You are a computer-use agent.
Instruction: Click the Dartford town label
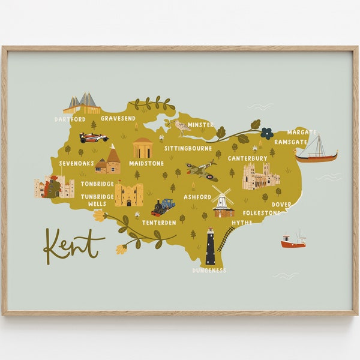70,119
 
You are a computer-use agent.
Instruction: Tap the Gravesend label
118,119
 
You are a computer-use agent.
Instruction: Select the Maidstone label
146,163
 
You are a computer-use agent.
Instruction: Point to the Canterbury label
247,158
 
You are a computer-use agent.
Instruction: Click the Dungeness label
209,271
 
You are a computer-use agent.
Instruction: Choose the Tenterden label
159,223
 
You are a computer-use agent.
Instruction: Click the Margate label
301,132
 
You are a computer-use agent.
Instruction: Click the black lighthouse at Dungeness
211,247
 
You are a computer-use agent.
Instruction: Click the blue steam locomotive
163,206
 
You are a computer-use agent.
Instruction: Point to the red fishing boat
293,241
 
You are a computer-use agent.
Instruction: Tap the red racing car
94,137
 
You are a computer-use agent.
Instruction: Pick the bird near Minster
180,127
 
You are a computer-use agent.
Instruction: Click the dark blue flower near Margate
266,133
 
